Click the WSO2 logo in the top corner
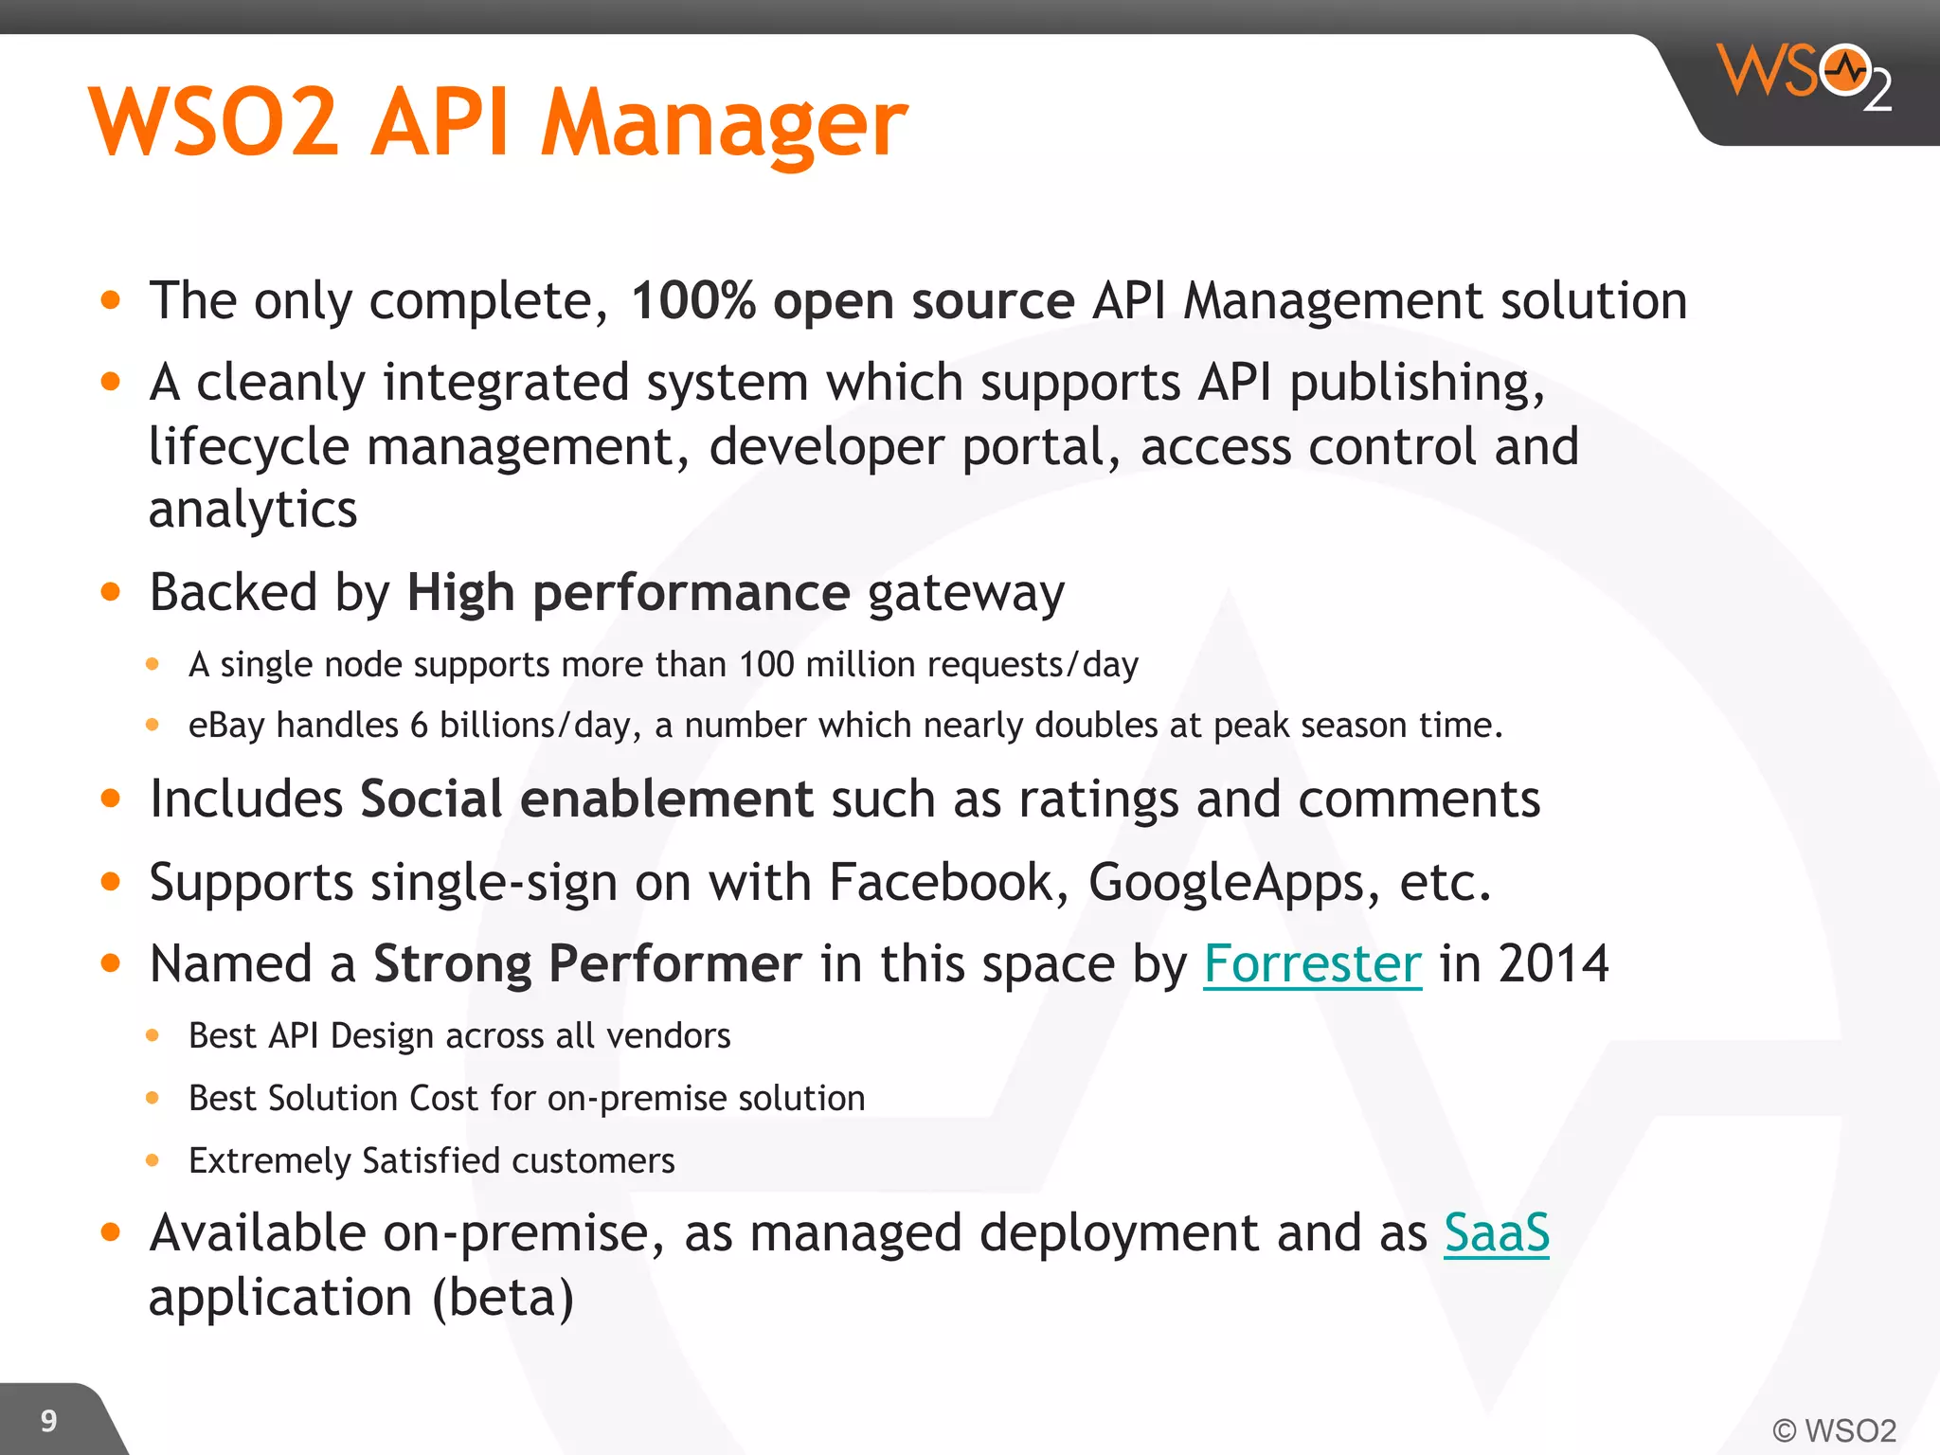(1804, 76)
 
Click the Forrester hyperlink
(1312, 964)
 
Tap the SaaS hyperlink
(1496, 1233)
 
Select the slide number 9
(48, 1421)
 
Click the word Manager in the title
(724, 123)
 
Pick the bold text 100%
(692, 301)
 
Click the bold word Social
(431, 799)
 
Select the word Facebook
(941, 882)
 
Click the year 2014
(1554, 964)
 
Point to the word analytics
(253, 511)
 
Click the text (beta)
(503, 1298)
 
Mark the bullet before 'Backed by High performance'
(111, 593)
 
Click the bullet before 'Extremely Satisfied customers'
(153, 1160)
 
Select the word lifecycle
(248, 447)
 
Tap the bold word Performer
(674, 964)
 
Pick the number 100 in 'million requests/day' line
(766, 665)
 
